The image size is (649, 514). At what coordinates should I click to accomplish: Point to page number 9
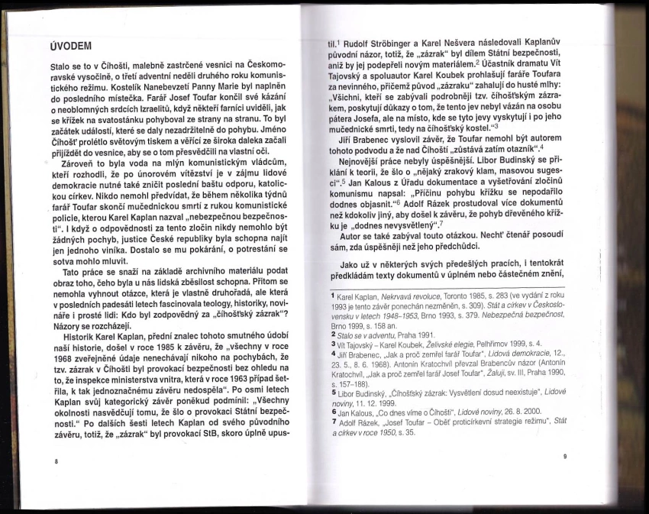(564, 457)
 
